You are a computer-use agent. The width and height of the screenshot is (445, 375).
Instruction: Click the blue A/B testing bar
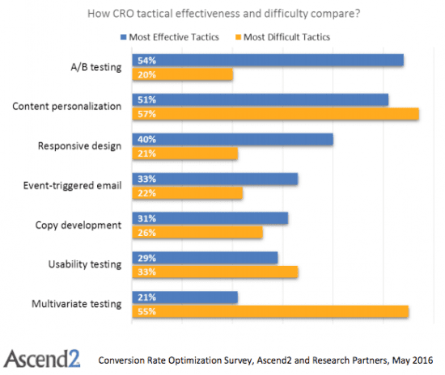coord(267,60)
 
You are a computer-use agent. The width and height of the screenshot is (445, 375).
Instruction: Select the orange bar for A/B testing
coord(182,74)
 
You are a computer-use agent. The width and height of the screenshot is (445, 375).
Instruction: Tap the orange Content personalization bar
coord(274,114)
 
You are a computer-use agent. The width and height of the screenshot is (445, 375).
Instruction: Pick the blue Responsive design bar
coord(231,139)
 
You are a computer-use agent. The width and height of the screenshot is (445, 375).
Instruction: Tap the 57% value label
coord(147,114)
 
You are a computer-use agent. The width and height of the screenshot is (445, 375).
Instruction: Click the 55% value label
coord(147,311)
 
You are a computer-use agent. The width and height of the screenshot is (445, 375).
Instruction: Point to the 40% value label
coord(147,139)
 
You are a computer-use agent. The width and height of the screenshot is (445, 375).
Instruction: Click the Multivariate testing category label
coord(77,304)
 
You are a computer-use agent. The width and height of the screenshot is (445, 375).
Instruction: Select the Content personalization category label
coord(69,106)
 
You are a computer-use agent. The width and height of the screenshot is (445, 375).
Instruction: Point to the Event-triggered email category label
coord(73,185)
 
